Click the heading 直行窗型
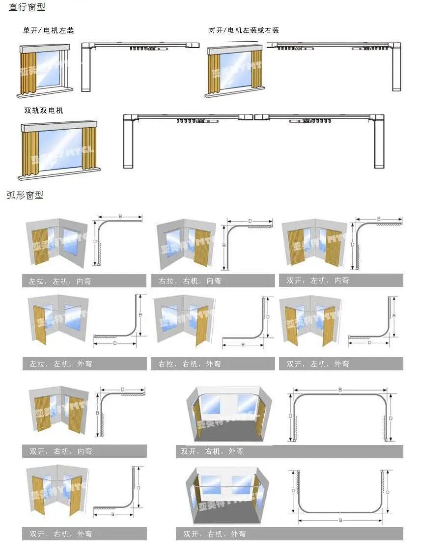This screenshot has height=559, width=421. tap(28, 8)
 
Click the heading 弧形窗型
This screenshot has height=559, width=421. tap(26, 195)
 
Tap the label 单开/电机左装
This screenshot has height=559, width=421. tap(49, 30)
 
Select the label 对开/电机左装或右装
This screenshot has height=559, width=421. tap(244, 30)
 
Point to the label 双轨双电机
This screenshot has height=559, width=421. tap(44, 111)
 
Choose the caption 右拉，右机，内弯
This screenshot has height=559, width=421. tap(190, 281)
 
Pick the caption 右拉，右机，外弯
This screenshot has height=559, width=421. tap(190, 364)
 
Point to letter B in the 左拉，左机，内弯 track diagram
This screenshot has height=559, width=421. tap(120, 217)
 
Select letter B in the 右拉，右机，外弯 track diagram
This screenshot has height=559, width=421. tap(242, 345)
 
